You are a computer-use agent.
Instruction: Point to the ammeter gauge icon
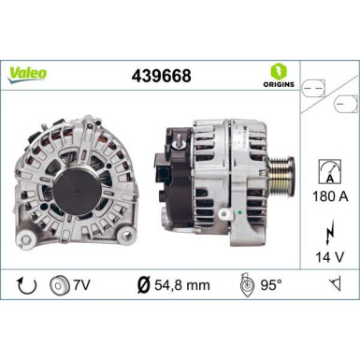pos(328,169)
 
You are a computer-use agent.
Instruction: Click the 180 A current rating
pos(328,198)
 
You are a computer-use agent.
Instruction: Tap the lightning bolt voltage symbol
pos(328,229)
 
